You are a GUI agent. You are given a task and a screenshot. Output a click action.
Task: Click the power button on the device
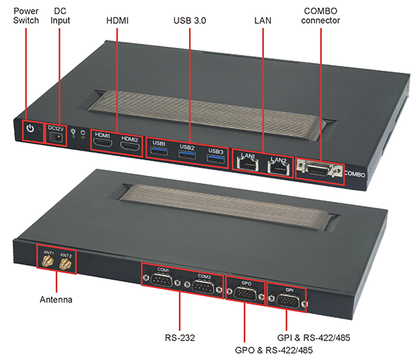pos(29,129)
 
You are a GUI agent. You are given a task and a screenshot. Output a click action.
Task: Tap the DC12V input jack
pos(56,138)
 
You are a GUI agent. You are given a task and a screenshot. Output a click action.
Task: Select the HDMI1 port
pos(104,145)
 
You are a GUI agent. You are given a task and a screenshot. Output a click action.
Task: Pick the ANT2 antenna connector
pos(66,265)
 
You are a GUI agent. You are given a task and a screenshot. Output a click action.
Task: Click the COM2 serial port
pos(203,285)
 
